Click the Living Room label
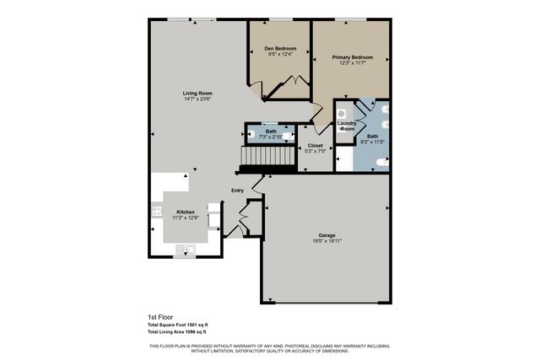click(x=197, y=93)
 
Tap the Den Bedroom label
click(x=278, y=49)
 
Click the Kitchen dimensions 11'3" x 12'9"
click(x=185, y=218)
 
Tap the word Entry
click(x=238, y=191)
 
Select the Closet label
click(x=316, y=145)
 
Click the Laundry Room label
click(x=347, y=126)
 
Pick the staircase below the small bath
click(x=269, y=158)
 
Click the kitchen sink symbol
click(x=185, y=249)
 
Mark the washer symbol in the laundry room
click(x=343, y=112)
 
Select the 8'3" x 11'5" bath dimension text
click(x=372, y=142)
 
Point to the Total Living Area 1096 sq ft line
click(x=177, y=332)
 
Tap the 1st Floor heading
click(x=159, y=318)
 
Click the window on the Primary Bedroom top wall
click(x=350, y=19)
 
